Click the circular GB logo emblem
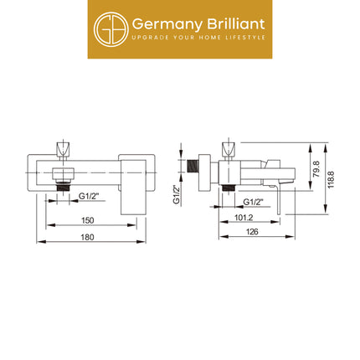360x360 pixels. coord(111,29)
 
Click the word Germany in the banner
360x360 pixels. coord(167,24)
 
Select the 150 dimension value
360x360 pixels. coord(87,220)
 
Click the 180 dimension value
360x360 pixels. coord(87,237)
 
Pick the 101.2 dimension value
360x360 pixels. coord(244,218)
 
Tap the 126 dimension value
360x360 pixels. coord(252,232)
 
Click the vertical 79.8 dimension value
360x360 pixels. coord(316,169)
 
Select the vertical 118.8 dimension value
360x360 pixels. coord(331,179)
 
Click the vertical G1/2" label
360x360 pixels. coord(177,194)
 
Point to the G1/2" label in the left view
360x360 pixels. coord(89,196)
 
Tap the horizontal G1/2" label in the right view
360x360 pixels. coord(253,202)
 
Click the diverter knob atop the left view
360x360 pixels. coord(63,150)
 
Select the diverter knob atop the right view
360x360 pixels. coord(229,150)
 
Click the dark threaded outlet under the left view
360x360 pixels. coord(63,188)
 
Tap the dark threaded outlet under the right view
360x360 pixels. coord(229,188)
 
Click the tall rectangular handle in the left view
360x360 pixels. coord(133,188)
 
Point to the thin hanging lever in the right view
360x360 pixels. coord(278,200)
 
